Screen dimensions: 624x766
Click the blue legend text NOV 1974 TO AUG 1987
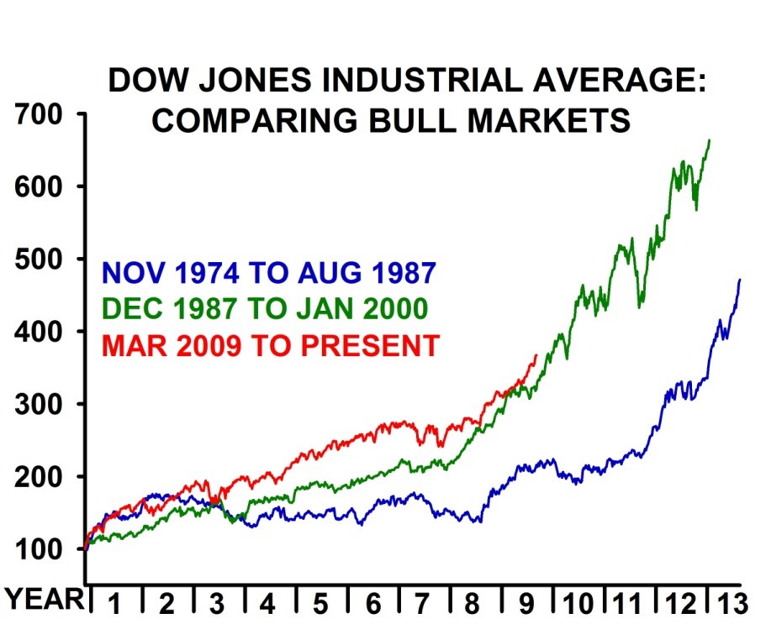point(268,273)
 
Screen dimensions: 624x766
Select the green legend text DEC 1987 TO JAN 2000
point(266,309)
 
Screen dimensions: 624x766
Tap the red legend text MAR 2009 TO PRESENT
point(270,345)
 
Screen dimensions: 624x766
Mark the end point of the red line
point(536,354)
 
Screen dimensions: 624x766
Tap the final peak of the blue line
point(740,279)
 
